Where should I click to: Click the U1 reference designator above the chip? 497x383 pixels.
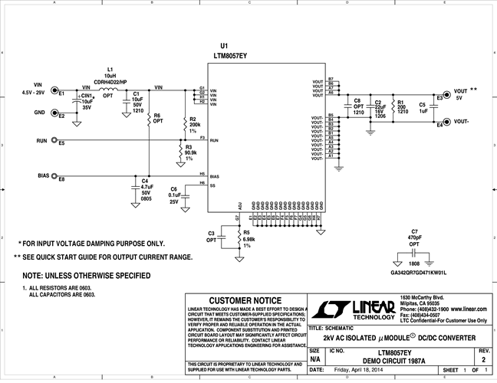point(224,47)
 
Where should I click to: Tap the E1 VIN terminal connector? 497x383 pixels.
point(54,93)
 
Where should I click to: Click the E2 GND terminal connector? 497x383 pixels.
point(54,113)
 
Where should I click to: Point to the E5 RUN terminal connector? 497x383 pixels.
point(54,141)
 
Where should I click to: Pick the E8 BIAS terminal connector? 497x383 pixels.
point(54,176)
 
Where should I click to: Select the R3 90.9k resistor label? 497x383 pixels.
point(193,152)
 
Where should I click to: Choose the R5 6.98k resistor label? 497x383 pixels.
point(248,238)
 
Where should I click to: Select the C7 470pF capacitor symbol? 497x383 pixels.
point(414,250)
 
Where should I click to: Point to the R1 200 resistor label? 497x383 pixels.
point(400,106)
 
